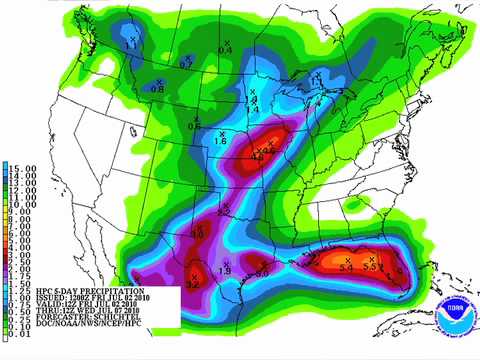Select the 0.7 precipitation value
[185, 64]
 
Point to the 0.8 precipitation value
[157, 90]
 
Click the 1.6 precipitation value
[221, 142]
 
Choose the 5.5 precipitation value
[370, 267]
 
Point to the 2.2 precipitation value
[222, 212]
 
